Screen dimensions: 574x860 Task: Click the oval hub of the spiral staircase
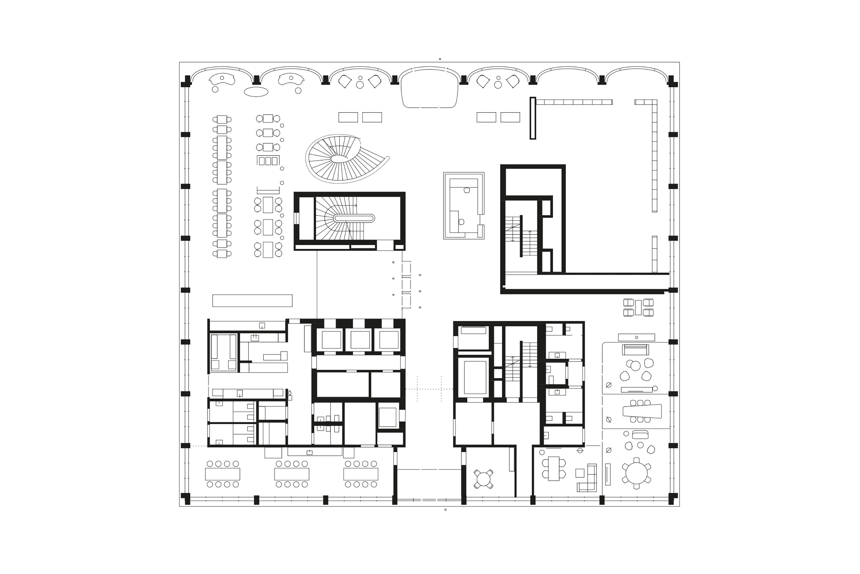pos(339,158)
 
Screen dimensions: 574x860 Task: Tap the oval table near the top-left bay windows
pos(256,91)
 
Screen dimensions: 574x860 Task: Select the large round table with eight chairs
pos(636,473)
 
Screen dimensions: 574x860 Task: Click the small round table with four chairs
pos(483,479)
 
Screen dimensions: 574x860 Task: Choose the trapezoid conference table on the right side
pos(642,411)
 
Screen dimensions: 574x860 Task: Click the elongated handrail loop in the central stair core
pos(354,218)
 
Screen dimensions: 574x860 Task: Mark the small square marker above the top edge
pos(440,59)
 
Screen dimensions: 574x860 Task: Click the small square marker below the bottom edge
pos(445,509)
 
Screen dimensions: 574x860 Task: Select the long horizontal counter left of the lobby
pos(252,300)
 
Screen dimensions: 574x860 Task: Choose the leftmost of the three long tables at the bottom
pos(222,474)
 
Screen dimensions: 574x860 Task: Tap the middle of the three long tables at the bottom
pos(291,474)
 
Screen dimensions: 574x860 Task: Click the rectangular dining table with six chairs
pos(554,468)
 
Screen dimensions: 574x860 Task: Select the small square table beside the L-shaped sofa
pos(580,473)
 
